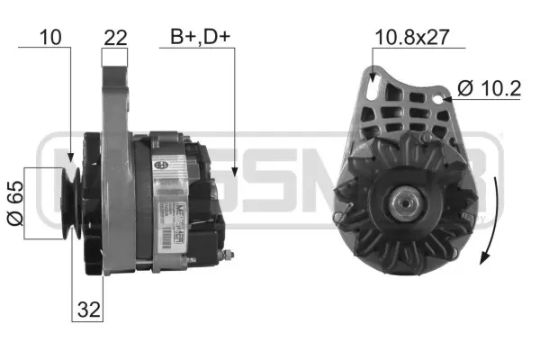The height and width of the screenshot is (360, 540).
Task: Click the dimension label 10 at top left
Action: (x=50, y=37)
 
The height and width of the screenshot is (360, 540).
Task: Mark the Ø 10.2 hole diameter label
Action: (x=488, y=88)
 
